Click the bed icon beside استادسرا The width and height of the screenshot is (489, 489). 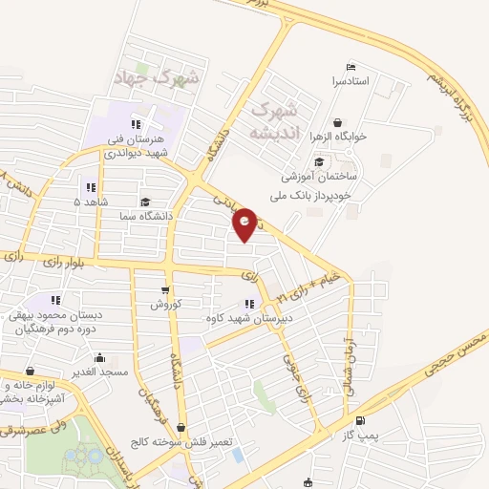click(350, 67)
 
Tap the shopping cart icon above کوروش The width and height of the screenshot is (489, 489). click(164, 290)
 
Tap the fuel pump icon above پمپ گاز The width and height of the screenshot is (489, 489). click(359, 421)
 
